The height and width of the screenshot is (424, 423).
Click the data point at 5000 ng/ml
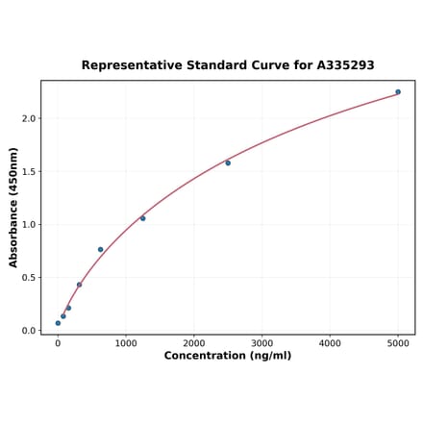point(398,92)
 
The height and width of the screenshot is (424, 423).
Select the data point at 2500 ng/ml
point(228,162)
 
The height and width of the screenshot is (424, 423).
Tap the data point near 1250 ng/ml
point(142,218)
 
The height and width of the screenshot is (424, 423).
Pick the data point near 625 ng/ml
point(100,250)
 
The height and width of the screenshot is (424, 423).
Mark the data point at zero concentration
point(58,323)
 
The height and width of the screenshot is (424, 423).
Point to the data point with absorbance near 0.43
point(79,285)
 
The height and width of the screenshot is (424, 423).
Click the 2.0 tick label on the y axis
point(28,118)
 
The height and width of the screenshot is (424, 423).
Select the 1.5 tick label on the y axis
point(28,172)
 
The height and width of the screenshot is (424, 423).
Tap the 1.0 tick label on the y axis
point(28,225)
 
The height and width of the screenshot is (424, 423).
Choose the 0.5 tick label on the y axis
point(28,278)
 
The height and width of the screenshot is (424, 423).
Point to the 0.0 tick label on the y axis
point(28,331)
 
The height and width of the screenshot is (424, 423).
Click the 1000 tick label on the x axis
point(126,342)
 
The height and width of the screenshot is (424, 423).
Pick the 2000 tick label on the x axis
point(194,342)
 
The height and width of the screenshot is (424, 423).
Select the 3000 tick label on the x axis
point(262,342)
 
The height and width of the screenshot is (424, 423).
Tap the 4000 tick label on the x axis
point(331,342)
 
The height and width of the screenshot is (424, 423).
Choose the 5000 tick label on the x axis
point(398,342)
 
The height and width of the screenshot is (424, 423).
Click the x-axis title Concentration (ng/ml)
point(228,356)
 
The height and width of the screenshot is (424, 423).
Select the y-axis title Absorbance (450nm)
point(13,207)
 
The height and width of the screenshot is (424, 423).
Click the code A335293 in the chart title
point(345,65)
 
